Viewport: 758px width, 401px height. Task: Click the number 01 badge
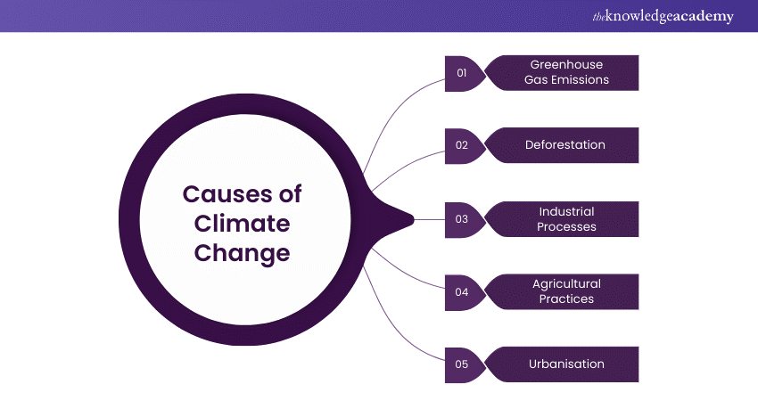(x=462, y=73)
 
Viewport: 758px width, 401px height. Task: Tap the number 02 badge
(x=462, y=145)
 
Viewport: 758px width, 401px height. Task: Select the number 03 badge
(x=462, y=218)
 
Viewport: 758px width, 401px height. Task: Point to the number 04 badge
(x=462, y=291)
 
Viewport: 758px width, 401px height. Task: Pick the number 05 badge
(x=462, y=364)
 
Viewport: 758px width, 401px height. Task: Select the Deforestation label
(x=565, y=145)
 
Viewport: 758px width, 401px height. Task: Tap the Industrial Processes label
(x=566, y=218)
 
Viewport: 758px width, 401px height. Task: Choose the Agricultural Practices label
(x=566, y=291)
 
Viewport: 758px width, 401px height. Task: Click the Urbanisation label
(x=566, y=364)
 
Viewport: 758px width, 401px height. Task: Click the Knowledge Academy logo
(x=660, y=16)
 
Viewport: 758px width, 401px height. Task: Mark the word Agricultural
(x=566, y=284)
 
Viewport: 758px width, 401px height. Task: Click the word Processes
(x=566, y=226)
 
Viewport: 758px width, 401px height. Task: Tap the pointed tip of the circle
(x=412, y=218)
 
